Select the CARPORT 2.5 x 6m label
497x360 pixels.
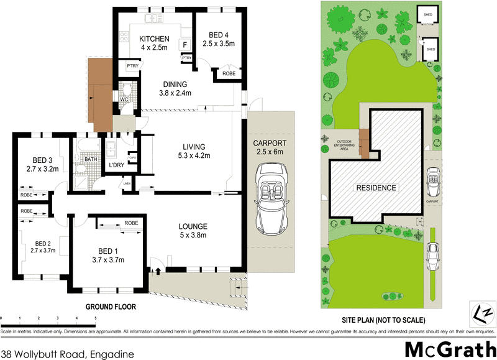(269, 147)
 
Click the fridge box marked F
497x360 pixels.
(185, 45)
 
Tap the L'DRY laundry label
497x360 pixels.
(117, 165)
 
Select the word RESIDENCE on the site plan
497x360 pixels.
(376, 187)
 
